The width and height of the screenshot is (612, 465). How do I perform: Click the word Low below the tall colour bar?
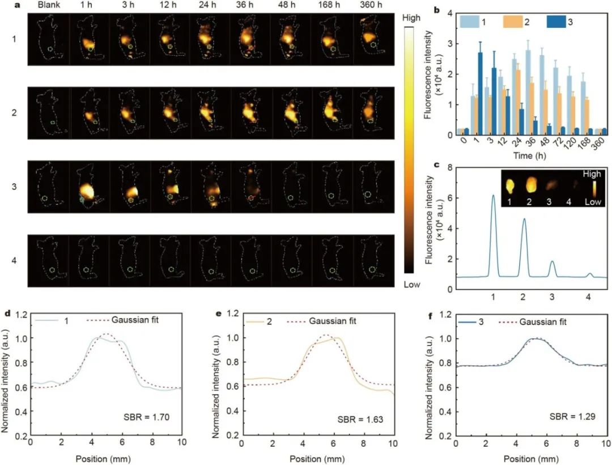412,284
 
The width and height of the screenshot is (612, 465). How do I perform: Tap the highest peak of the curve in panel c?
493,196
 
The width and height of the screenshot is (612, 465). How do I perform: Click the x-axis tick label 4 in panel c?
589,297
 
